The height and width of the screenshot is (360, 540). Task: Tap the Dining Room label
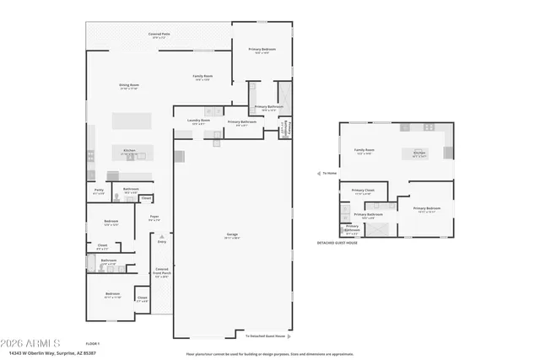click(128, 86)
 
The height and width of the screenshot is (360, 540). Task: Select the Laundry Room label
click(198, 122)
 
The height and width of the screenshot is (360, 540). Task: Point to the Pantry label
click(98, 192)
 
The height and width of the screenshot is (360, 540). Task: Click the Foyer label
click(154, 218)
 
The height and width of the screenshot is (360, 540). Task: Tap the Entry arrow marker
click(161, 242)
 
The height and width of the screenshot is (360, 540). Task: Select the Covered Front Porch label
click(161, 272)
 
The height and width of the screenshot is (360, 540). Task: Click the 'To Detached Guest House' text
click(265, 336)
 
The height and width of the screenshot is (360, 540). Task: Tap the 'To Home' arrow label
click(329, 173)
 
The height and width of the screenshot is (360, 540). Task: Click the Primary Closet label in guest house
click(363, 191)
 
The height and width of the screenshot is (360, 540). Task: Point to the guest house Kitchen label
click(419, 153)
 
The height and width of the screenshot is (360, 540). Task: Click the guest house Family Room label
click(364, 152)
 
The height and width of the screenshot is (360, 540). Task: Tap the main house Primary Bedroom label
click(262, 51)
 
